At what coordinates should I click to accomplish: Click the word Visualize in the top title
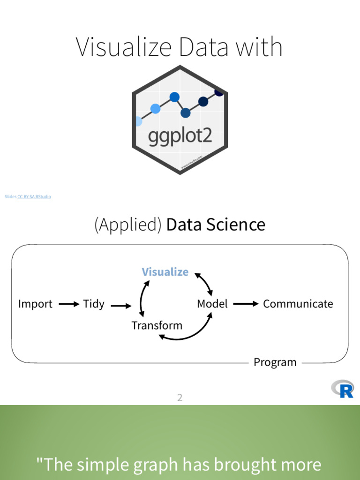click(118, 47)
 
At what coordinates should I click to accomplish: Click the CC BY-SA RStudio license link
click(34, 197)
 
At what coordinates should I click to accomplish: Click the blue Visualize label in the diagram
click(165, 272)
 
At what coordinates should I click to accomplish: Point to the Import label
click(35, 304)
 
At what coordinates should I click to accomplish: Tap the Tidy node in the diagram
click(94, 304)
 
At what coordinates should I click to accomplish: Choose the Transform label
click(157, 325)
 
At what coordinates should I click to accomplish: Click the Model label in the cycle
click(212, 304)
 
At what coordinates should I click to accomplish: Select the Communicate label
click(298, 304)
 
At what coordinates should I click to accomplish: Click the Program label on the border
click(275, 362)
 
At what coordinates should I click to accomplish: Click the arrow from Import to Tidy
click(69, 304)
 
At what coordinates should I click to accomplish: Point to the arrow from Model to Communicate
click(246, 304)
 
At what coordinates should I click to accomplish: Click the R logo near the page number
click(343, 389)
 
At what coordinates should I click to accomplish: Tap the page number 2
click(180, 398)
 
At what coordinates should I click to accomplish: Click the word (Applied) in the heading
click(128, 225)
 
